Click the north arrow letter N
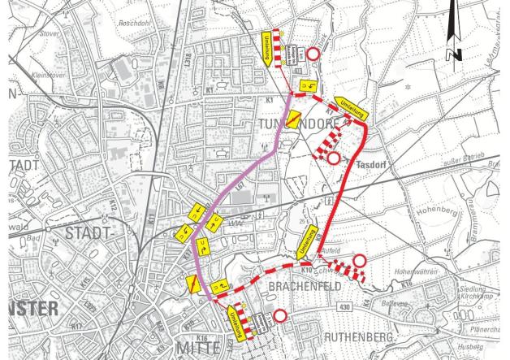coord(455,54)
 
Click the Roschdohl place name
coord(134,24)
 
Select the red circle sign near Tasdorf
coord(333,158)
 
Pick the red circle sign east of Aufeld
coord(358,261)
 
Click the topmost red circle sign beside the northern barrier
coord(312,54)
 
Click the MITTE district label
coord(197,347)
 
